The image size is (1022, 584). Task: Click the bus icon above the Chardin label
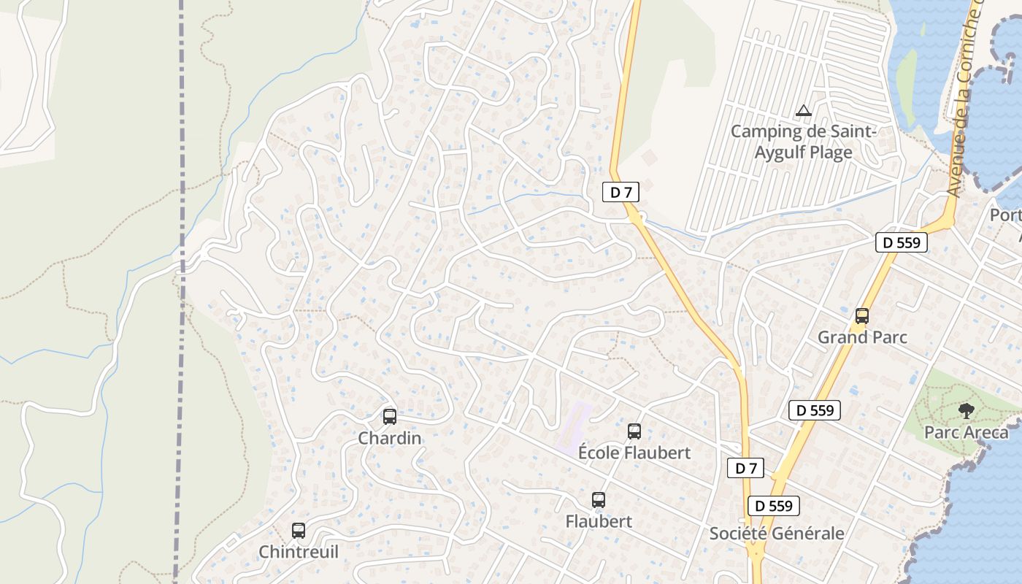(x=390, y=417)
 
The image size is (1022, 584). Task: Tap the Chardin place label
(x=390, y=438)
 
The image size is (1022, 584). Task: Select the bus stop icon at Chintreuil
(x=299, y=531)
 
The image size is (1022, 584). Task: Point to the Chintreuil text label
(x=299, y=552)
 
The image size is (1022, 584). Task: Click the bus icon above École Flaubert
(x=634, y=431)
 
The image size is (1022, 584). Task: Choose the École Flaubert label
(x=634, y=453)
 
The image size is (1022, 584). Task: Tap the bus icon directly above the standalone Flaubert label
(x=599, y=500)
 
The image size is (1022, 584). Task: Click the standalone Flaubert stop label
(x=599, y=522)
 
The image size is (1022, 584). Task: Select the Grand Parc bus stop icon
(x=862, y=316)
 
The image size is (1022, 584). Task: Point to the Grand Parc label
(x=862, y=337)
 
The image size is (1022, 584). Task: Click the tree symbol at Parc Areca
(x=967, y=411)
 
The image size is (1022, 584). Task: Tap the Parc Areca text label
(x=967, y=432)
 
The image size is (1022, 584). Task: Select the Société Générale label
(x=777, y=534)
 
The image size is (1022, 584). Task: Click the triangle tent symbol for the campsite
(x=804, y=111)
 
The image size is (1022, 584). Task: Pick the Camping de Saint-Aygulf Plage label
(x=803, y=142)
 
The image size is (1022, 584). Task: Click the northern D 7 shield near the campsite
(x=620, y=192)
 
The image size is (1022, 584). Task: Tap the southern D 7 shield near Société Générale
(x=745, y=469)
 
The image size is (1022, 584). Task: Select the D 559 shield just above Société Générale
(x=774, y=505)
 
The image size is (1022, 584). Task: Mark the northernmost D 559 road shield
(x=902, y=242)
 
